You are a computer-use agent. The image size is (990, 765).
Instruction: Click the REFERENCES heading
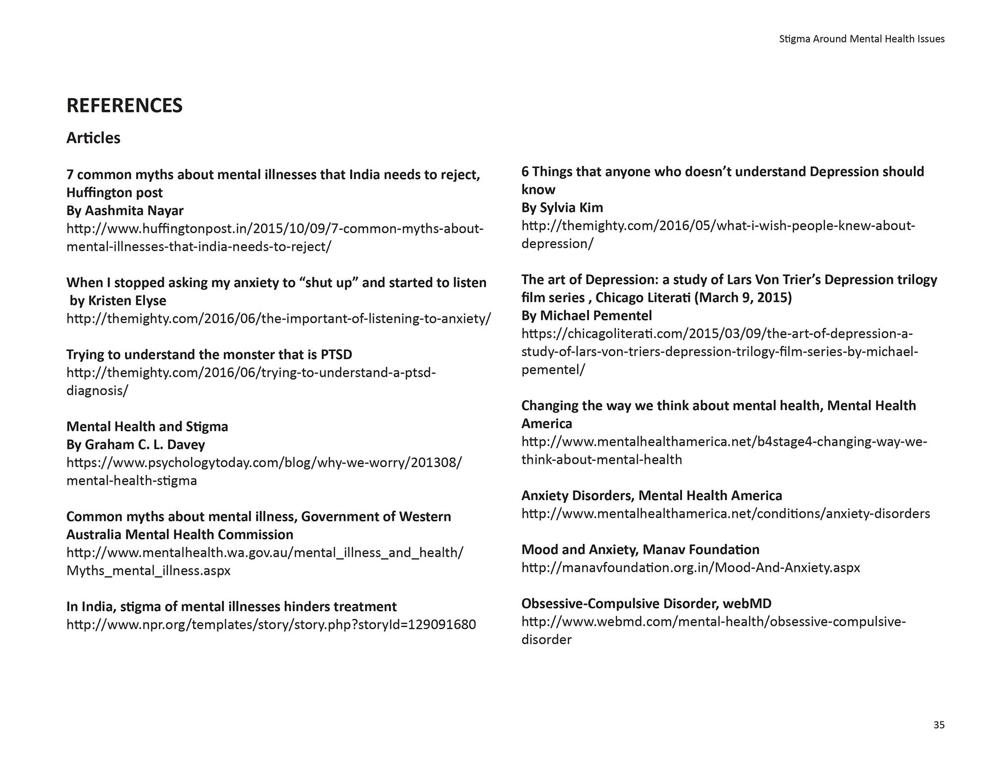tap(124, 105)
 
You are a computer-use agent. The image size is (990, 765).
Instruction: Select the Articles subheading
tap(93, 138)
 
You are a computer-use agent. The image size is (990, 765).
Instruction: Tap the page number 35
tap(939, 725)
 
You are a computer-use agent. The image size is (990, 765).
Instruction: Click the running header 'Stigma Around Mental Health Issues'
tap(861, 39)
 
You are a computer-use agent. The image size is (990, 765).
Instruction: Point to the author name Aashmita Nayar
tap(134, 210)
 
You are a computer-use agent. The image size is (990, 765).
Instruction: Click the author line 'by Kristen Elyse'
tap(118, 301)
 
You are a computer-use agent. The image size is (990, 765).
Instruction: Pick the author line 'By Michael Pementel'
tap(587, 315)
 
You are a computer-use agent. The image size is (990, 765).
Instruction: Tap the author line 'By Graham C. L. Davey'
tap(136, 445)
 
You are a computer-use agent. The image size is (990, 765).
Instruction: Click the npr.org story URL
tap(271, 624)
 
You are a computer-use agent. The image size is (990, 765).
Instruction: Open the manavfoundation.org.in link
tap(691, 567)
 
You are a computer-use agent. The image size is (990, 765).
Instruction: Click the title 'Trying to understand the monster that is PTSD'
tap(209, 355)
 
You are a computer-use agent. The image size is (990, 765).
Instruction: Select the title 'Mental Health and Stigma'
tap(147, 426)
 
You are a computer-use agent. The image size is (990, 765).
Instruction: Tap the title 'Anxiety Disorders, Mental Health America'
tap(651, 496)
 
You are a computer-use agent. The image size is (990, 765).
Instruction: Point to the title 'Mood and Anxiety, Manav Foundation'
tap(640, 550)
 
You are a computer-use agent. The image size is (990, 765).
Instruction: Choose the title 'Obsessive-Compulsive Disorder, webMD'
tap(646, 604)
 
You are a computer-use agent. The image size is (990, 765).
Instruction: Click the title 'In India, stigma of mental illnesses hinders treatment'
tap(231, 607)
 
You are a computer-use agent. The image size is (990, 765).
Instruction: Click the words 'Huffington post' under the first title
tap(114, 193)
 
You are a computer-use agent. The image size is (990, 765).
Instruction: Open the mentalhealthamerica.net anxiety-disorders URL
tap(725, 513)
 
